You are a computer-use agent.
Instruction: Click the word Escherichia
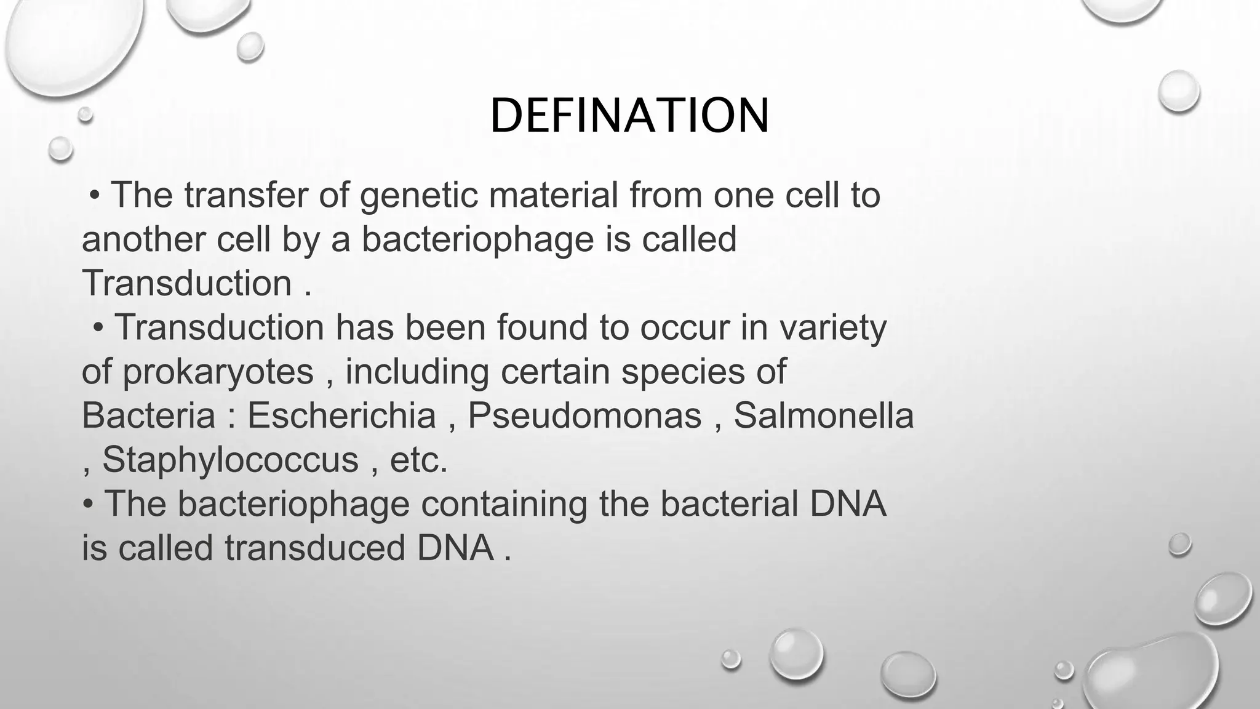[x=341, y=415]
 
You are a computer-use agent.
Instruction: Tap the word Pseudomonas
[x=584, y=415]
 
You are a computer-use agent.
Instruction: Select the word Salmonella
[x=823, y=415]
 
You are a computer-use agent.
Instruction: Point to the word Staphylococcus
[x=230, y=460]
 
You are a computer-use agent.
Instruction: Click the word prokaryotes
[x=218, y=372]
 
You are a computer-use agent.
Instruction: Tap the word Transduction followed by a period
[x=187, y=284]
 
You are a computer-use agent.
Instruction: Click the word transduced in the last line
[x=314, y=548]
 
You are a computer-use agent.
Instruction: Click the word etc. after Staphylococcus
[x=418, y=460]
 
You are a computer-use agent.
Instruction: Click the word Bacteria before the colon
[x=148, y=415]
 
